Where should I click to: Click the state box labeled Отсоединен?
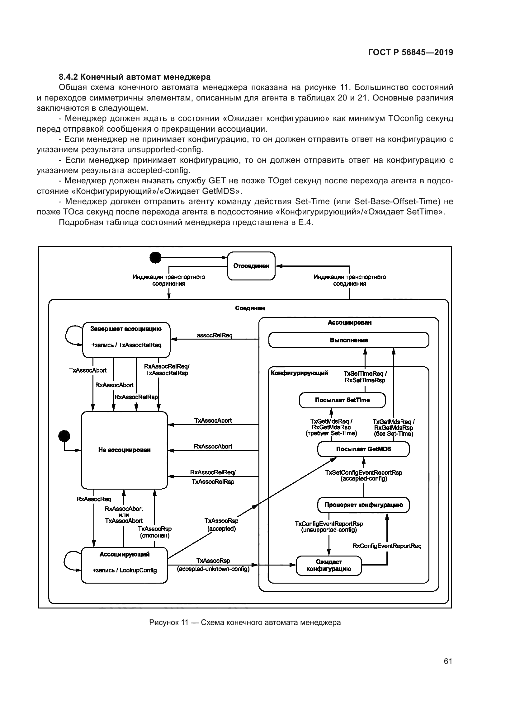(251, 266)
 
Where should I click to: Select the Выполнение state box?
(348, 340)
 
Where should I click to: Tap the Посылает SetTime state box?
(342, 400)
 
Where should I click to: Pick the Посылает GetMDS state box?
(363, 449)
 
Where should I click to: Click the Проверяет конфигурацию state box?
(363, 505)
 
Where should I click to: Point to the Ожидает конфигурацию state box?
(328, 565)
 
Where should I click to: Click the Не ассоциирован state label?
(124, 450)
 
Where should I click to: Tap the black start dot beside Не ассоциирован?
(64, 436)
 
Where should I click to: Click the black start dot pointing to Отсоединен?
(155, 258)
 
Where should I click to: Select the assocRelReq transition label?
(214, 335)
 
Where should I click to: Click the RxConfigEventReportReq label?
(387, 546)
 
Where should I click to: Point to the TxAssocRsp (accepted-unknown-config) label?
(213, 565)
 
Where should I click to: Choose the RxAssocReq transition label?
(94, 499)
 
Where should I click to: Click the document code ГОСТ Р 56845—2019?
(411, 53)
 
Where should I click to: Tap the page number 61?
(448, 661)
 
